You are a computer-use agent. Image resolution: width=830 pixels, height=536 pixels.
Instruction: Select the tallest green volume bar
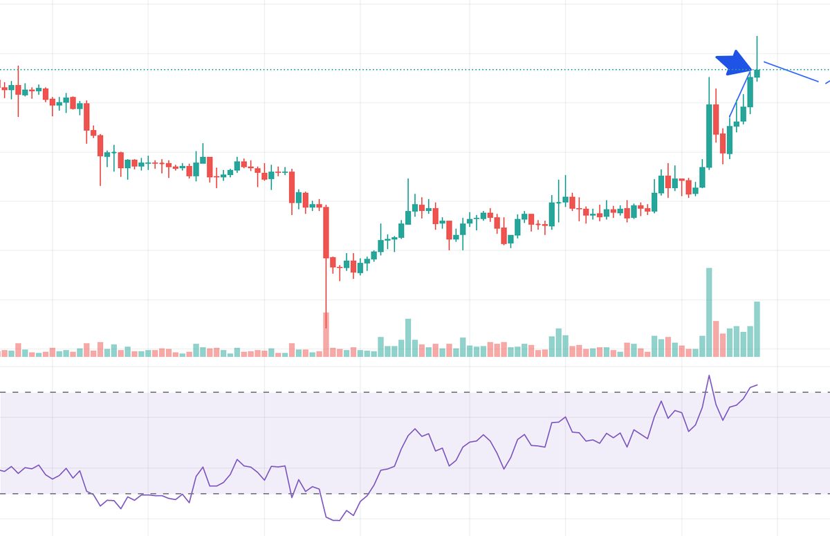709,311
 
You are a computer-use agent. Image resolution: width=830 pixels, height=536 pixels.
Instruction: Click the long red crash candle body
326,232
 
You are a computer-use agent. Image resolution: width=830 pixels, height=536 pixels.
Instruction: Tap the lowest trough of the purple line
335,520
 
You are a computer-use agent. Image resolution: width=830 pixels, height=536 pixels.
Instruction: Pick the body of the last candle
757,73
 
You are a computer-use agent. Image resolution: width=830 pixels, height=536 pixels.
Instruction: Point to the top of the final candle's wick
757,37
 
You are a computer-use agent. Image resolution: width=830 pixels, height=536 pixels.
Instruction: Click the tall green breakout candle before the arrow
709,136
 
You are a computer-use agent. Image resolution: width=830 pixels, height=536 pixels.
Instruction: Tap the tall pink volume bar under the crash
326,333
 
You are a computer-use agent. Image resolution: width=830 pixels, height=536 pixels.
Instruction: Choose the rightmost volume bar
757,329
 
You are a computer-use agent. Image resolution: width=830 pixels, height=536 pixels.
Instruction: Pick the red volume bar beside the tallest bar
716,338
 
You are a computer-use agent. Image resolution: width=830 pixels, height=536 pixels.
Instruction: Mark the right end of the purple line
757,385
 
